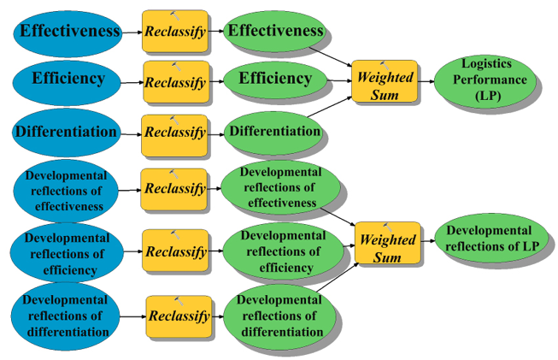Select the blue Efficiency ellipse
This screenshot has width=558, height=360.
tap(67, 80)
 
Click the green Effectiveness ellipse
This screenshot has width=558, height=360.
tap(273, 32)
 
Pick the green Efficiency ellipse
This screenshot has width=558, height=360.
tap(274, 80)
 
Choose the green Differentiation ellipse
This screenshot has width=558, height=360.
tap(273, 132)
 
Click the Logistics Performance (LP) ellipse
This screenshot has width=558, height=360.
tap(484, 80)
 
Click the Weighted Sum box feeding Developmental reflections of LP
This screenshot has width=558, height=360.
tap(387, 242)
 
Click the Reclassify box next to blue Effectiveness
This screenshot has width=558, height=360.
tap(174, 32)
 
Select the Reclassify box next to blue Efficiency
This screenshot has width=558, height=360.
tap(175, 82)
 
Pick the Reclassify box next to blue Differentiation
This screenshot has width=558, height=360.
tap(174, 133)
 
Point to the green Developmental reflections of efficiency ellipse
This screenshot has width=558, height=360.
tap(281, 251)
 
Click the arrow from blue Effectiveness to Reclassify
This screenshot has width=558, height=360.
tap(131, 32)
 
